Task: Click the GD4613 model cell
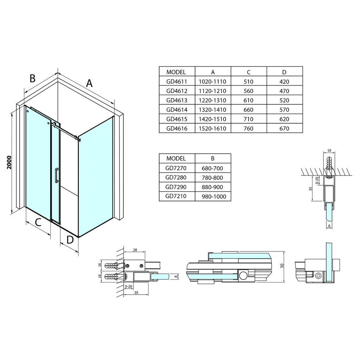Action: (176, 100)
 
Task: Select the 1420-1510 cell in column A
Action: (212, 119)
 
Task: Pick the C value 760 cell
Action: (249, 129)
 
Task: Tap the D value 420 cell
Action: (284, 82)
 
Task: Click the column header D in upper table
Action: (284, 72)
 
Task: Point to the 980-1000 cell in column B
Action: (213, 197)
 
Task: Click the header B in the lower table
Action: (213, 159)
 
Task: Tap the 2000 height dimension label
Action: (9, 162)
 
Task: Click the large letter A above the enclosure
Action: (89, 83)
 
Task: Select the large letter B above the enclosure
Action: (32, 78)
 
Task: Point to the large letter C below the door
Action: (38, 222)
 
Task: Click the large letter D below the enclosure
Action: (70, 240)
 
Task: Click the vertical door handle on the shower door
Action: (56, 176)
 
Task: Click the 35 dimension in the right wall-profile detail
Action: (310, 189)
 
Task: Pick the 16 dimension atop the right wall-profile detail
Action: (329, 150)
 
